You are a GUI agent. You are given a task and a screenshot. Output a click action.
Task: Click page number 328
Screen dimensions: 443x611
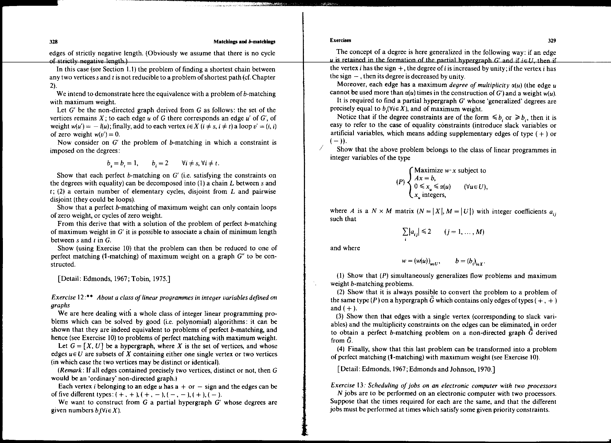point(54,42)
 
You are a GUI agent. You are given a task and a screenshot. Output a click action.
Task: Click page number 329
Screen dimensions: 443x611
point(552,41)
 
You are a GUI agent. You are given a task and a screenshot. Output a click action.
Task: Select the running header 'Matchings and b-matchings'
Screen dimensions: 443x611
point(244,42)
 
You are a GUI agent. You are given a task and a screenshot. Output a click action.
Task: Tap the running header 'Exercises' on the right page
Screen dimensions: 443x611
point(341,40)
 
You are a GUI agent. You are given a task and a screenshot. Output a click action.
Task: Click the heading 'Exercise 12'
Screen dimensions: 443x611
point(68,298)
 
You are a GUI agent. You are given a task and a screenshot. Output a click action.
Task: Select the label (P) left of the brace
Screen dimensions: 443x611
point(401,182)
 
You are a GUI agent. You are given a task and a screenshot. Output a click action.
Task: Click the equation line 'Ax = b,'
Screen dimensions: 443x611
point(425,178)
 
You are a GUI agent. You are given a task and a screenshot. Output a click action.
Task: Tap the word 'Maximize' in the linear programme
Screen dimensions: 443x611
point(428,171)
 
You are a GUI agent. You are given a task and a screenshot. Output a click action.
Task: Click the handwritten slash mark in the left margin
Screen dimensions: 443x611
point(320,148)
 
